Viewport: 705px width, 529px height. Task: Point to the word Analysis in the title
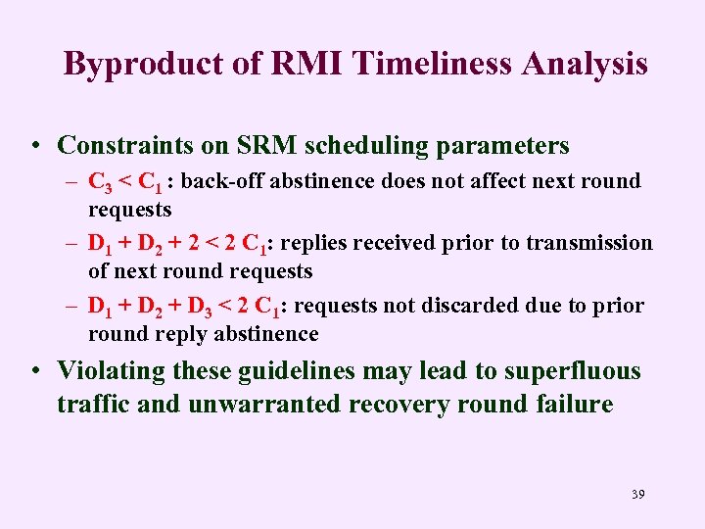click(x=585, y=64)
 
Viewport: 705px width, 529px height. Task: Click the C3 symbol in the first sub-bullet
click(x=99, y=182)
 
